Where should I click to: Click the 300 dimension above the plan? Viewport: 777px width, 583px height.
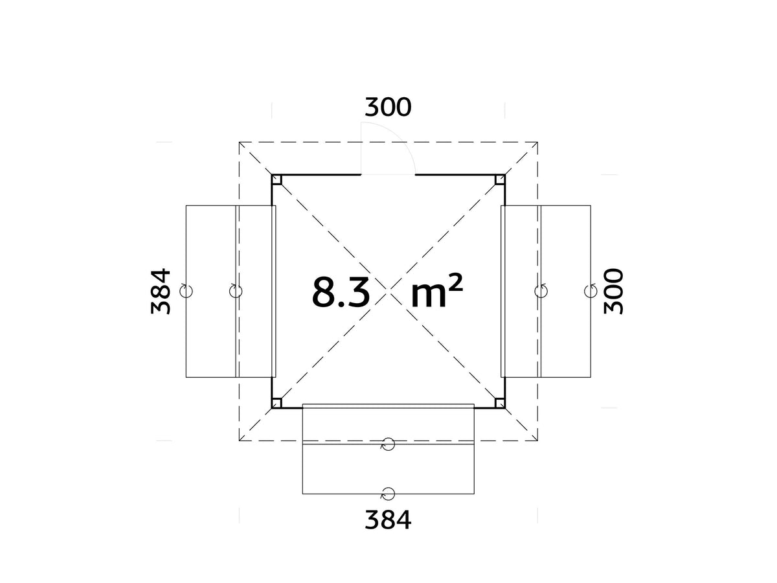388,108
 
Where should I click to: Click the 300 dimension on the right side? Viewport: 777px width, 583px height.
613,291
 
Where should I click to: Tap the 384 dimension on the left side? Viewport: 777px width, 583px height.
161,291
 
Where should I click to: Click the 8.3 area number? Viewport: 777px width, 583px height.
341,291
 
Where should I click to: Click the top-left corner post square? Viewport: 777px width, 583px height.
276,179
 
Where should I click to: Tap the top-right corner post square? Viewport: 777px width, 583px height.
500,179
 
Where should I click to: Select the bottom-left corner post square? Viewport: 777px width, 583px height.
276,403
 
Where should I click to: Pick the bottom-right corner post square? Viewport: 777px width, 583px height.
500,403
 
